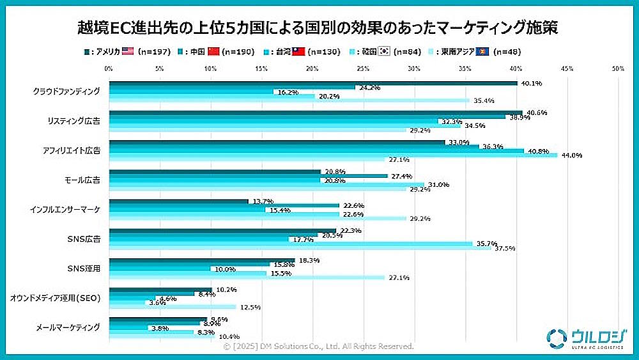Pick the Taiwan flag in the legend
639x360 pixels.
(298, 51)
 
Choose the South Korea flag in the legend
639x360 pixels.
(384, 51)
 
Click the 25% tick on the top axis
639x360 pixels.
(363, 67)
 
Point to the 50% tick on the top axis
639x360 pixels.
(617, 67)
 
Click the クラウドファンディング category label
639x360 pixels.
(66, 91)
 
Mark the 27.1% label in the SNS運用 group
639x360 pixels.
(397, 278)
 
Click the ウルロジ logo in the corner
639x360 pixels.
(583, 338)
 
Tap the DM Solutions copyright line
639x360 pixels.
(318, 346)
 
